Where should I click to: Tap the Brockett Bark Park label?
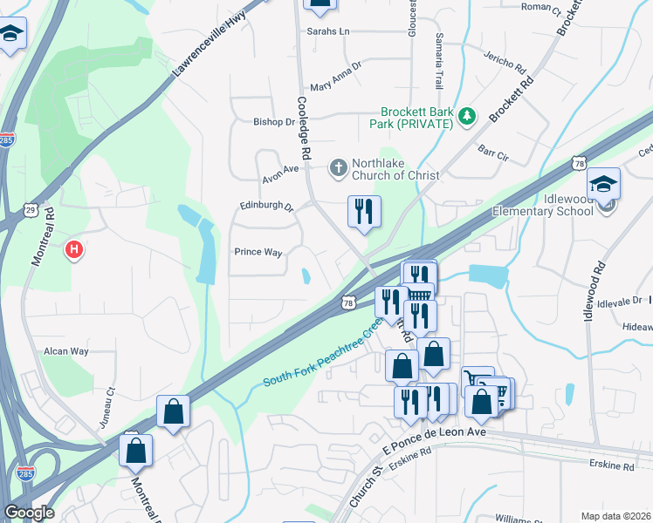(x=417, y=118)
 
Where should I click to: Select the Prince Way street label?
(x=258, y=252)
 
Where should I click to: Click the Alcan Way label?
(x=66, y=351)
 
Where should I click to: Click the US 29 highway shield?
(x=30, y=209)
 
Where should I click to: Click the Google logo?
(x=29, y=513)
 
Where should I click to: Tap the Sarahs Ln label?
(x=327, y=31)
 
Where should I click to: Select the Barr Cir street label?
(x=493, y=153)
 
